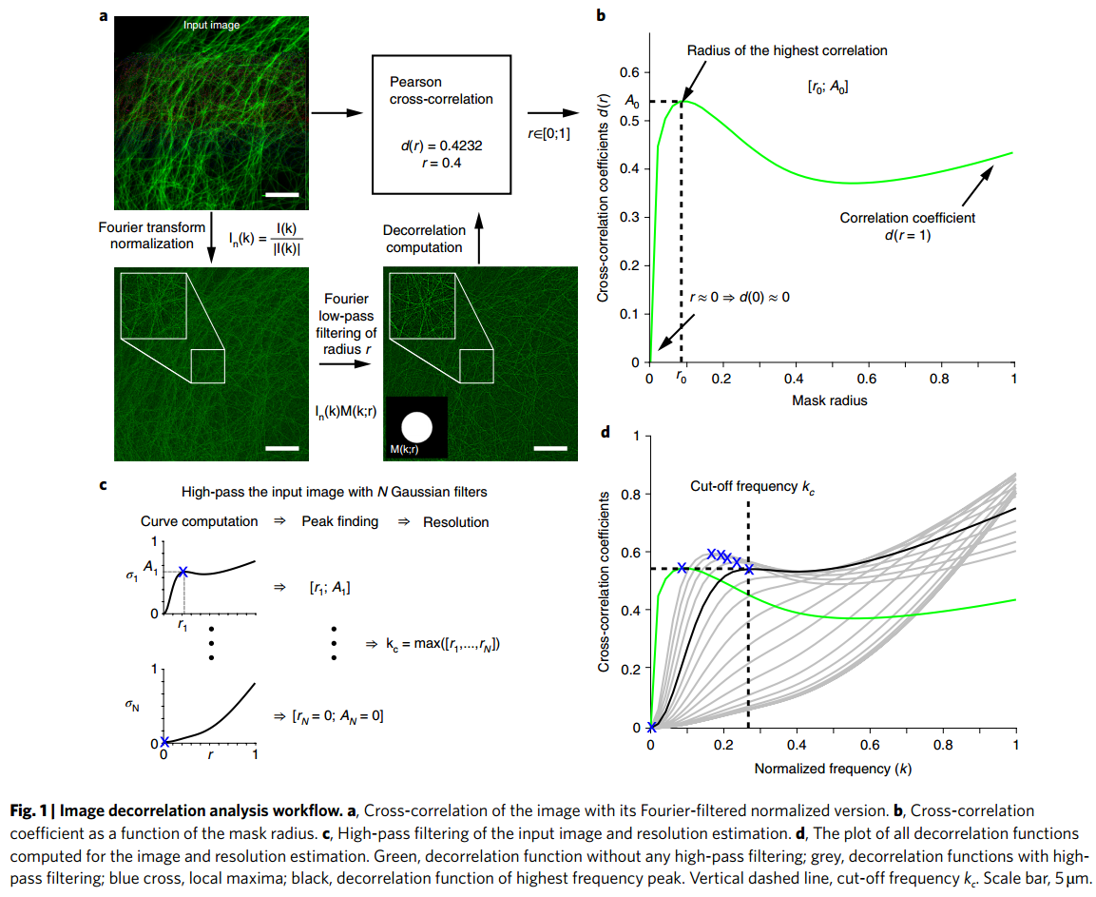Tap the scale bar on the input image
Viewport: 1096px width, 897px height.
[282, 195]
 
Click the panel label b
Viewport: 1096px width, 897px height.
[600, 14]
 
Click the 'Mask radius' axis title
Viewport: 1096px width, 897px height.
[829, 400]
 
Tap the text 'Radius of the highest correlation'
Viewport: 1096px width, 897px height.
[786, 49]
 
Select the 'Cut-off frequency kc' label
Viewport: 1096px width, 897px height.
[752, 486]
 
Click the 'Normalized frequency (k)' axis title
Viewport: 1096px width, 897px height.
[833, 768]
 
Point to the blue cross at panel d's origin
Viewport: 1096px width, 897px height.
[650, 728]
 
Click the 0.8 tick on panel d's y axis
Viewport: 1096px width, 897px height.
[627, 495]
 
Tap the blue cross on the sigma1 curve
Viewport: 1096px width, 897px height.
[183, 572]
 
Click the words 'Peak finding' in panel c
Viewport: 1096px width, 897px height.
[339, 521]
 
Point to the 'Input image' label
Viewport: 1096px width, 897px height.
[212, 25]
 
